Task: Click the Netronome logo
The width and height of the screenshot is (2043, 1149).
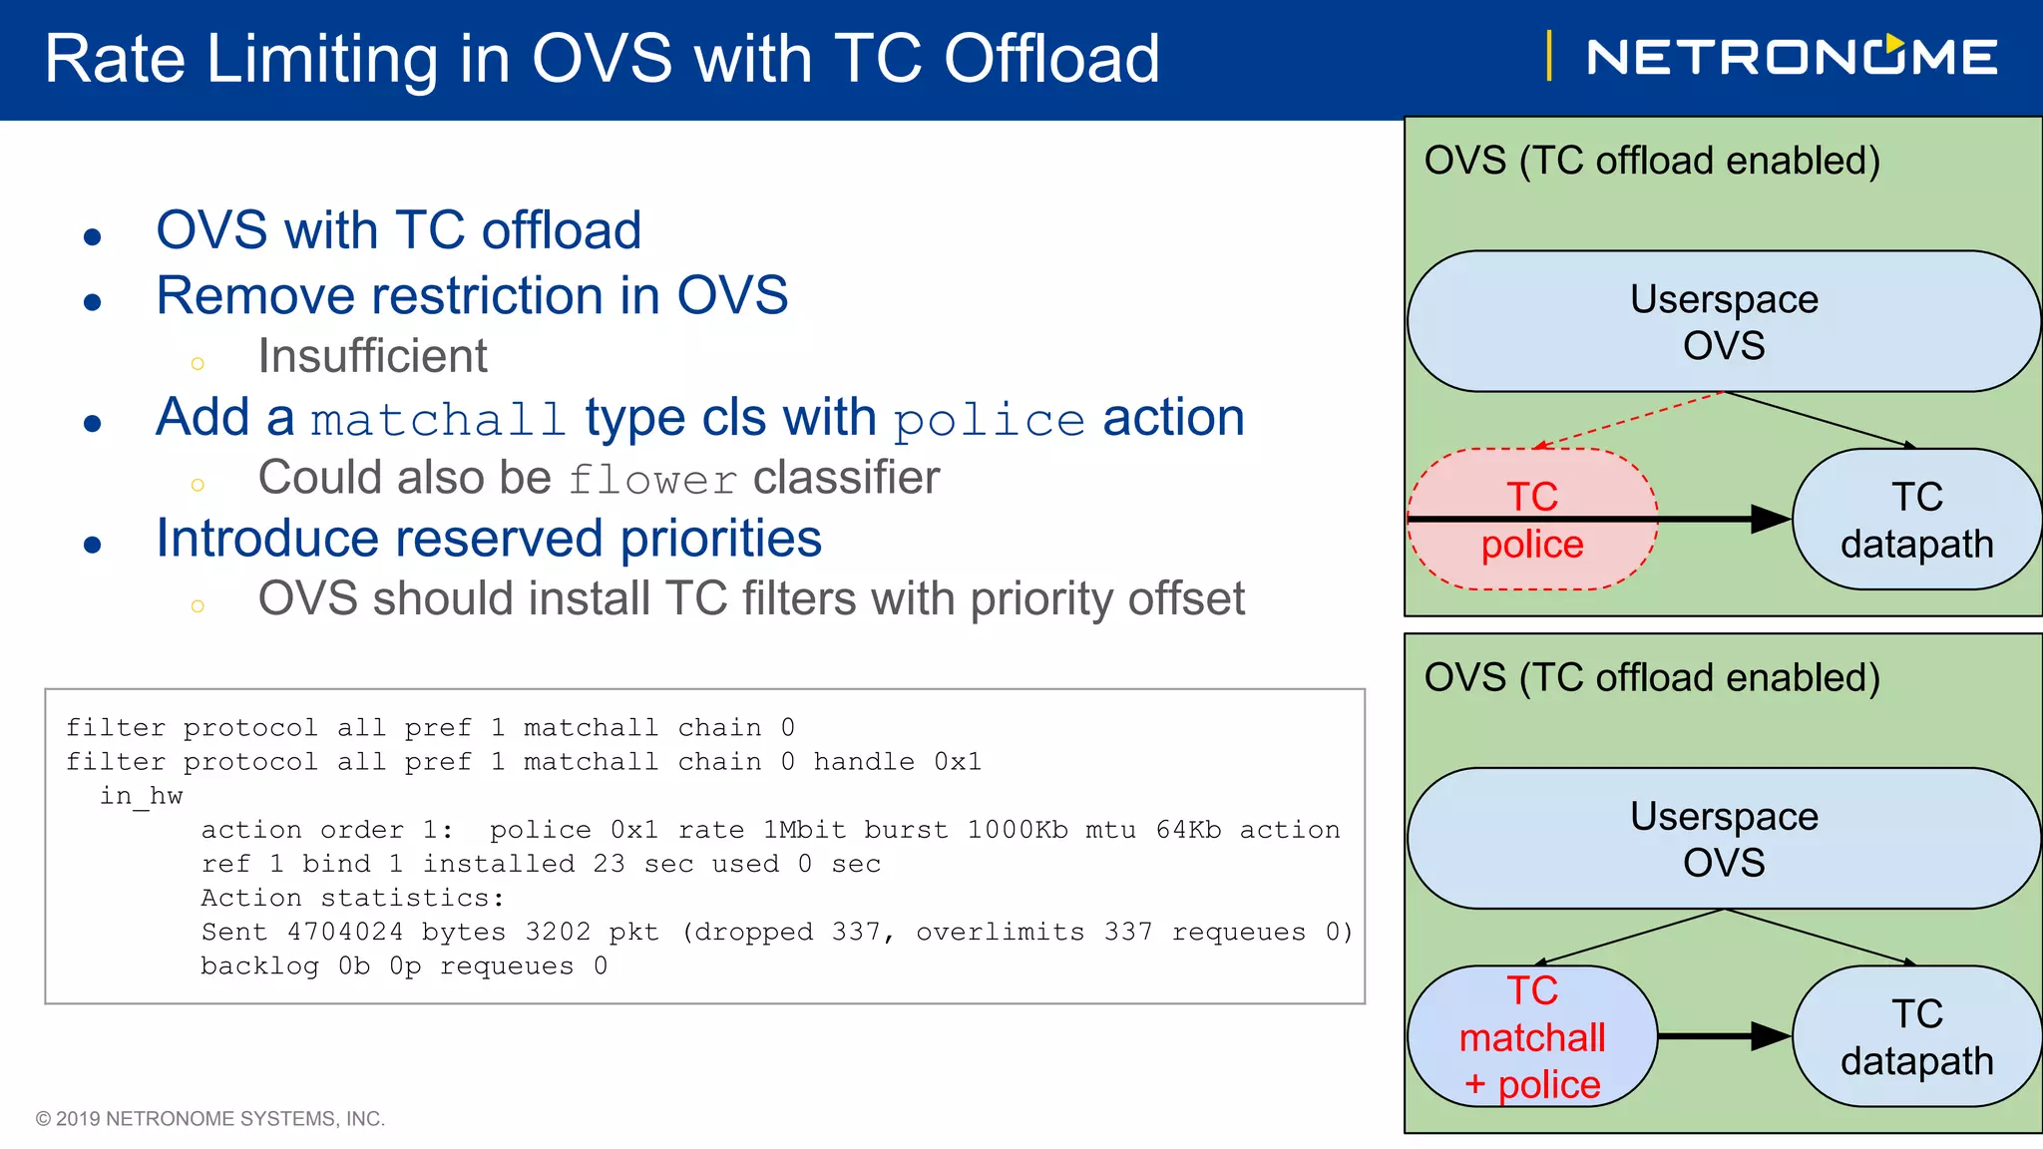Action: (1791, 57)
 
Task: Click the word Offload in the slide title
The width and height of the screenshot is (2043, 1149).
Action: (1051, 59)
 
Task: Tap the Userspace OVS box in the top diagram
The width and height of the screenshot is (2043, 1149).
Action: (1723, 321)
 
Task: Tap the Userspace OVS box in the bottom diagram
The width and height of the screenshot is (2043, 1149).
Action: (1723, 839)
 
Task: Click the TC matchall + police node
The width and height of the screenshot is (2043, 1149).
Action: (1532, 1037)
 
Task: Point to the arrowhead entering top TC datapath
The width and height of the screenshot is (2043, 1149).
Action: (1771, 519)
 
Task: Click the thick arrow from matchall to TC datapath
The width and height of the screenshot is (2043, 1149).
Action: (1721, 1036)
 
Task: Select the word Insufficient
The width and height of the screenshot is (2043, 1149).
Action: (372, 356)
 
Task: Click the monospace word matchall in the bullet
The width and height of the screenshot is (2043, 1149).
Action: (438, 420)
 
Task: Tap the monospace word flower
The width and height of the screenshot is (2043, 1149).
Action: (652, 480)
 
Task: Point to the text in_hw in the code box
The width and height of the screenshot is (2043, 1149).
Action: (141, 796)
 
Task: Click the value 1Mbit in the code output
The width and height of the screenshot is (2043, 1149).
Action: (804, 830)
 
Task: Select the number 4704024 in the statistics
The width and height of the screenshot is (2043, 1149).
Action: (345, 932)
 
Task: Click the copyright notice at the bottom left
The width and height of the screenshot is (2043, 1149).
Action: (210, 1118)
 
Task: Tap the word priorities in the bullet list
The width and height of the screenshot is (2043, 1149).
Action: (720, 539)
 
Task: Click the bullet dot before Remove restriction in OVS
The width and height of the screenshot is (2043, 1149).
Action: (93, 302)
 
